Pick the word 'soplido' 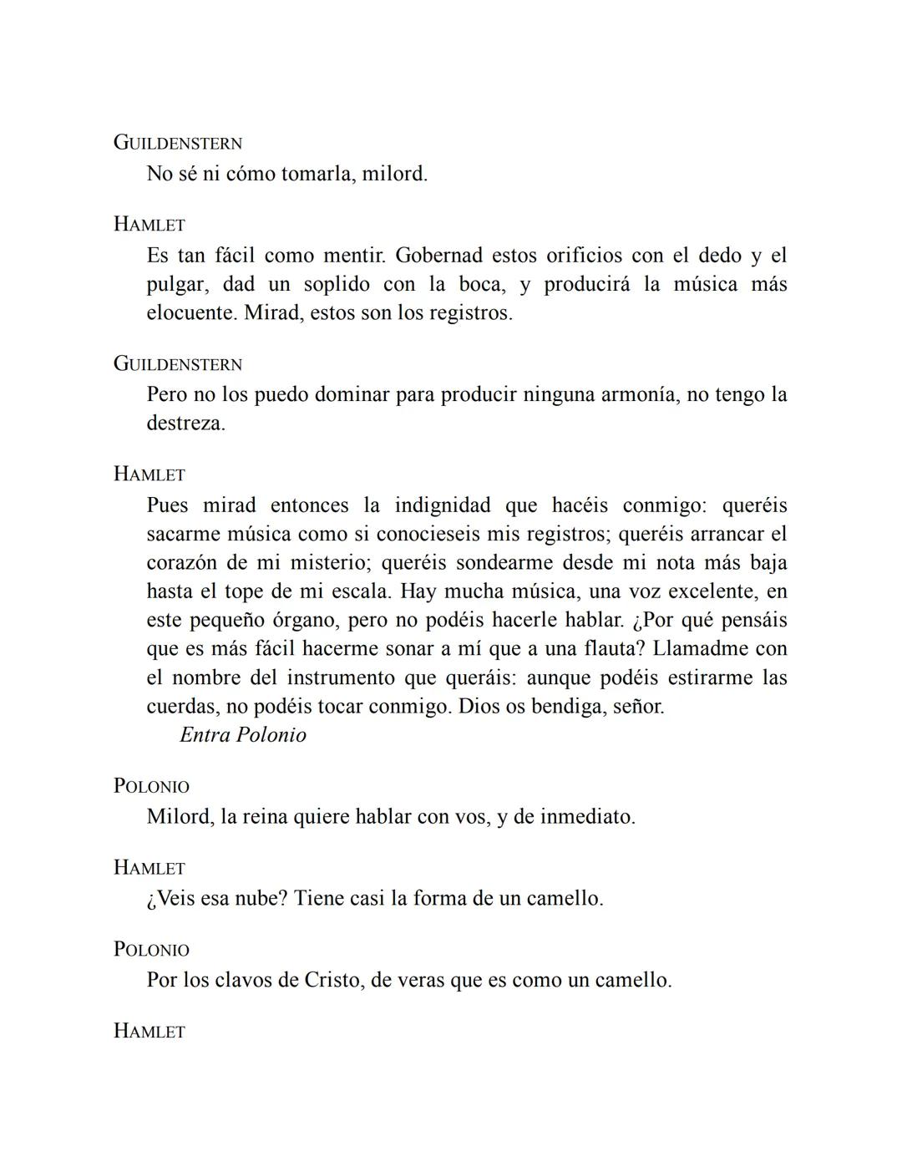[x=337, y=285]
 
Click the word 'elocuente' [x=190, y=313]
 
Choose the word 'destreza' [x=185, y=424]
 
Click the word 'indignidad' [x=443, y=505]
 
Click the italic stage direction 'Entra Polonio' [x=243, y=735]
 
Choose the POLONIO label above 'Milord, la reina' [x=152, y=786]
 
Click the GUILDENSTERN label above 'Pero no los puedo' [x=178, y=364]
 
